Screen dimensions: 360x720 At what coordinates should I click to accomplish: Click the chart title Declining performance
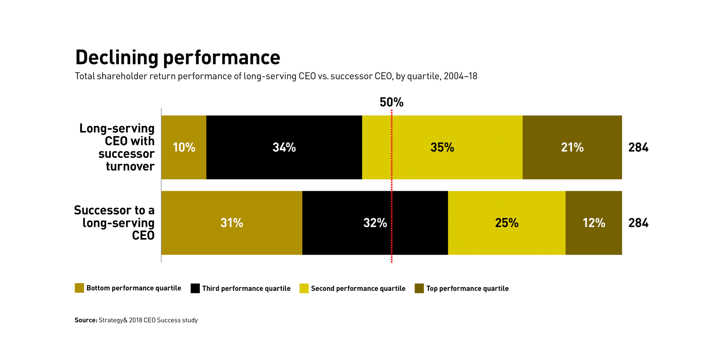[178, 58]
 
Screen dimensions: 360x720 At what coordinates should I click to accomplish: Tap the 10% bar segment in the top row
[184, 147]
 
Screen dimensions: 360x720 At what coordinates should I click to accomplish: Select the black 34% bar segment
[284, 147]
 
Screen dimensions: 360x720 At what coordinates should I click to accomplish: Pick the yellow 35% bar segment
[442, 147]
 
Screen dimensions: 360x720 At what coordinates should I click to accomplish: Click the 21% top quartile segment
[572, 147]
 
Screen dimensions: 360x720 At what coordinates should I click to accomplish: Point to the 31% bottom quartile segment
[231, 223]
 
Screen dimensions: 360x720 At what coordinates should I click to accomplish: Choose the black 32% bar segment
[375, 223]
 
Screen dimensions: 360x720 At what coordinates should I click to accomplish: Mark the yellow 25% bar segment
[507, 223]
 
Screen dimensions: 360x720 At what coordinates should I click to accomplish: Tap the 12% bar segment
[594, 223]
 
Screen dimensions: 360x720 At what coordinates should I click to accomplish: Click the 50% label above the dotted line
[391, 103]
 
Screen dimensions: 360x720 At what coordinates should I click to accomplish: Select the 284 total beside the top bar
[638, 147]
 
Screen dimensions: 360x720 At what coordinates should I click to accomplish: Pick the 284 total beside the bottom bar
[638, 223]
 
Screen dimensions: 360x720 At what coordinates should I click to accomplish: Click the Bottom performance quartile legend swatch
[79, 288]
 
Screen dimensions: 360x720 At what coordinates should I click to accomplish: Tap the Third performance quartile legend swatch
[195, 288]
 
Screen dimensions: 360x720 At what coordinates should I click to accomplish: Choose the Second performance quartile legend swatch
[304, 288]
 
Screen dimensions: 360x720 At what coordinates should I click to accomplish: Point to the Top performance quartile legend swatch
[419, 288]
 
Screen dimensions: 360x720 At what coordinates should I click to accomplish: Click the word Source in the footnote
[85, 320]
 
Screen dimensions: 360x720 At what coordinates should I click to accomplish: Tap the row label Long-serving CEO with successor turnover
[117, 147]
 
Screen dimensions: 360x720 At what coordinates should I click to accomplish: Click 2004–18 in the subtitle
[460, 76]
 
